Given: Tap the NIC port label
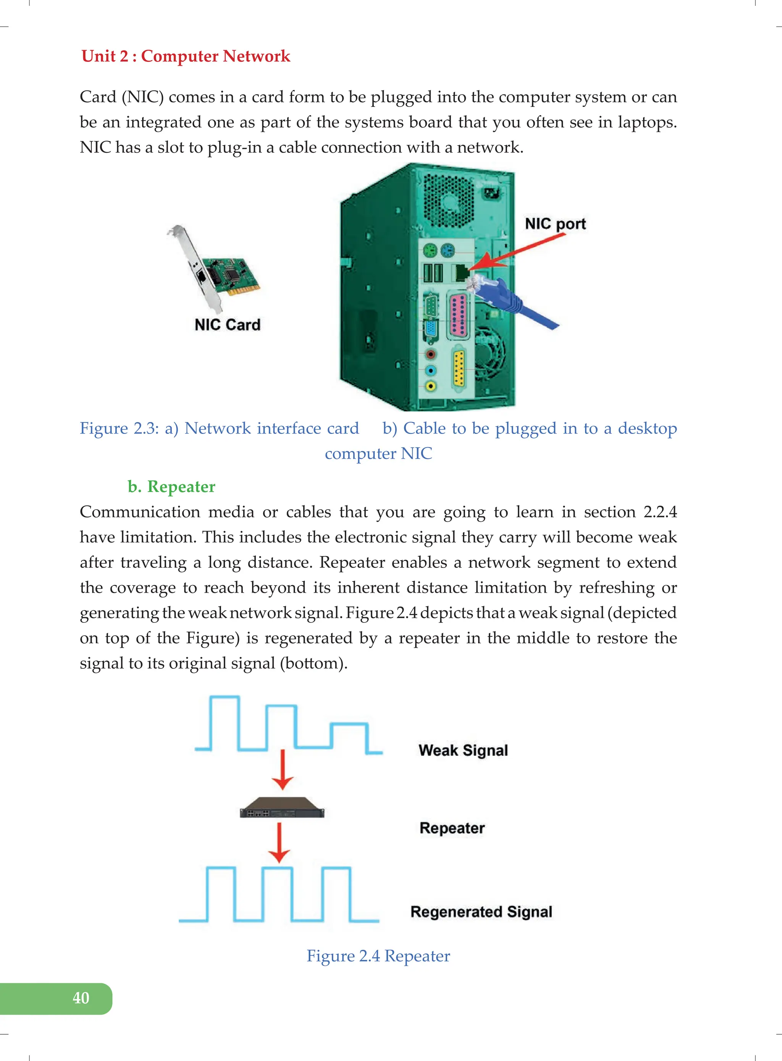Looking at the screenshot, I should point(555,223).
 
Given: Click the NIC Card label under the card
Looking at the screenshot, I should point(227,325).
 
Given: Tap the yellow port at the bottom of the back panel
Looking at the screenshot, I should point(459,368).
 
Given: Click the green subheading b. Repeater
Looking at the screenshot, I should point(171,486).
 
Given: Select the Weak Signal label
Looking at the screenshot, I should point(463,750).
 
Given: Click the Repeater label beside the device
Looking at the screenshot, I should point(452,828).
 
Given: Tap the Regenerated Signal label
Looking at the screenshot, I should point(481,912).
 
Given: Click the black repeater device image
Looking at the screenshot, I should point(282,808).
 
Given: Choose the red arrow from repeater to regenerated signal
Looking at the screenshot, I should point(279,843).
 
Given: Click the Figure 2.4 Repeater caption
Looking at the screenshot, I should point(378,956).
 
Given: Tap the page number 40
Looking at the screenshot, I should point(81,998).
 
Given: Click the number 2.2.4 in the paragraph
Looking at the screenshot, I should point(660,512).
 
